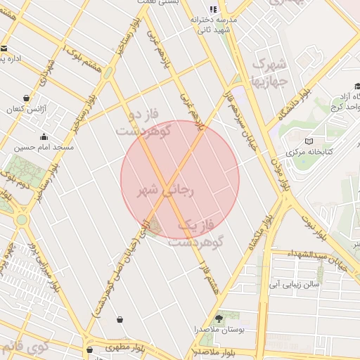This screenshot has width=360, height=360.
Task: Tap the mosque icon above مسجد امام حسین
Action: click(44, 136)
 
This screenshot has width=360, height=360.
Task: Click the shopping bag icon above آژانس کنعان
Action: click(26, 98)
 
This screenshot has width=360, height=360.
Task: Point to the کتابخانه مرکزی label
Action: click(313, 152)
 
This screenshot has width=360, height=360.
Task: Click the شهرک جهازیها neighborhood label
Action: click(270, 72)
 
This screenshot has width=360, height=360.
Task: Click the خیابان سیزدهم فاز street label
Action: click(232, 112)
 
